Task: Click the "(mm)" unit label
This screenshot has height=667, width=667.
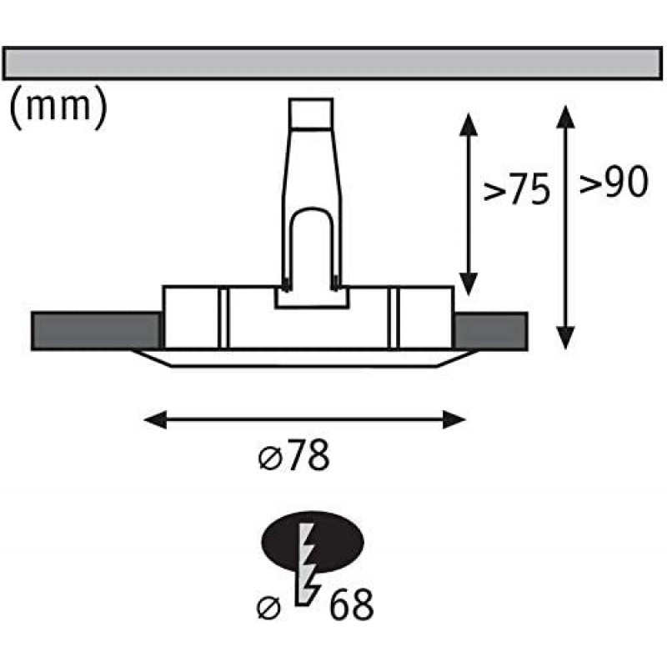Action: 58,108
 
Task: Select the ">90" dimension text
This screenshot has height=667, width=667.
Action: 614,182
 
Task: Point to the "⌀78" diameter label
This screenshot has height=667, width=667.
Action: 294,455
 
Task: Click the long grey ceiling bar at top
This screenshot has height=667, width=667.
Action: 333,63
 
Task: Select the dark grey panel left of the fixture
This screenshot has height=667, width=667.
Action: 96,331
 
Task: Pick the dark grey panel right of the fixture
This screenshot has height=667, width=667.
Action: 491,331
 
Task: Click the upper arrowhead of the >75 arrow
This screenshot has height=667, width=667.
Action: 468,124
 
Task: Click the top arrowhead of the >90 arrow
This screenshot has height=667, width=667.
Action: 565,117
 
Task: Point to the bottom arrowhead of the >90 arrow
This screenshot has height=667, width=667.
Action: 565,338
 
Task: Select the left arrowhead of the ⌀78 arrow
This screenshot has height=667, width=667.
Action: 156,420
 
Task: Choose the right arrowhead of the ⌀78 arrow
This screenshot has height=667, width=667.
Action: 454,420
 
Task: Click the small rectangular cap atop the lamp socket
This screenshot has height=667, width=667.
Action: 311,113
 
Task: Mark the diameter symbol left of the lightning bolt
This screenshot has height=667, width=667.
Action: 268,608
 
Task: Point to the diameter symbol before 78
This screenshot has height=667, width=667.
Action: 269,459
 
